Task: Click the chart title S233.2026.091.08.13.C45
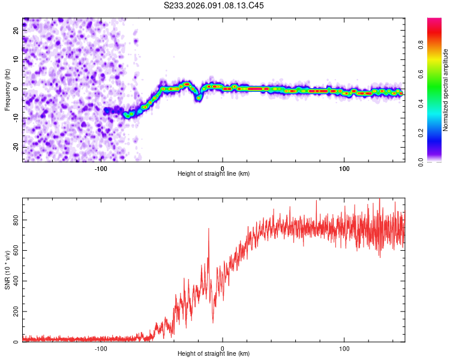pyautogui.click(x=214, y=5)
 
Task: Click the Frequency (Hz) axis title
pyautogui.click(x=7, y=90)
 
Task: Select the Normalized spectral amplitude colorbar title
pyautogui.click(x=446, y=90)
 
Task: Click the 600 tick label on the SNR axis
pyautogui.click(x=17, y=251)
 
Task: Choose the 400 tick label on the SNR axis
pyautogui.click(x=17, y=281)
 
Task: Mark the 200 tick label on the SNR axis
pyautogui.click(x=17, y=312)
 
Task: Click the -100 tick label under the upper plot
pyautogui.click(x=101, y=168)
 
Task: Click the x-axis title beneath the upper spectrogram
pyautogui.click(x=214, y=174)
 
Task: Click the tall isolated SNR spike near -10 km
pyautogui.click(x=209, y=230)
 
